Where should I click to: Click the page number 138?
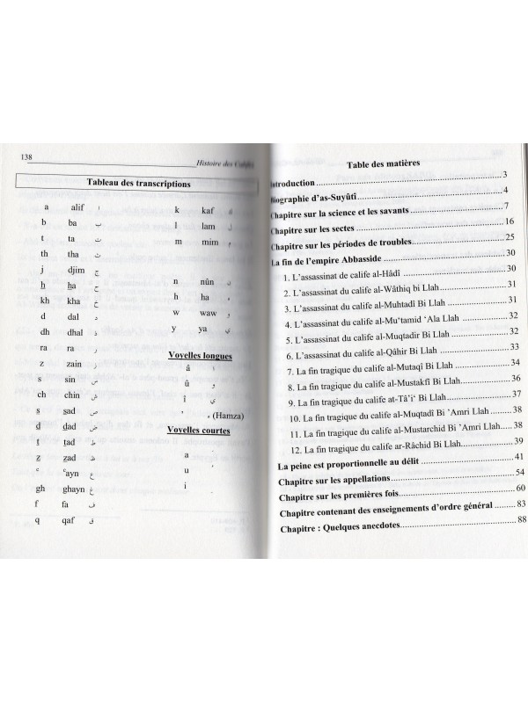pyautogui.click(x=25, y=158)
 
